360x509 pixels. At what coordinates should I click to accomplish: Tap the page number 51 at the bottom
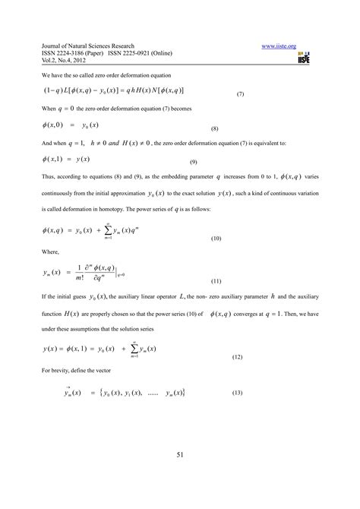coord(180,454)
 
